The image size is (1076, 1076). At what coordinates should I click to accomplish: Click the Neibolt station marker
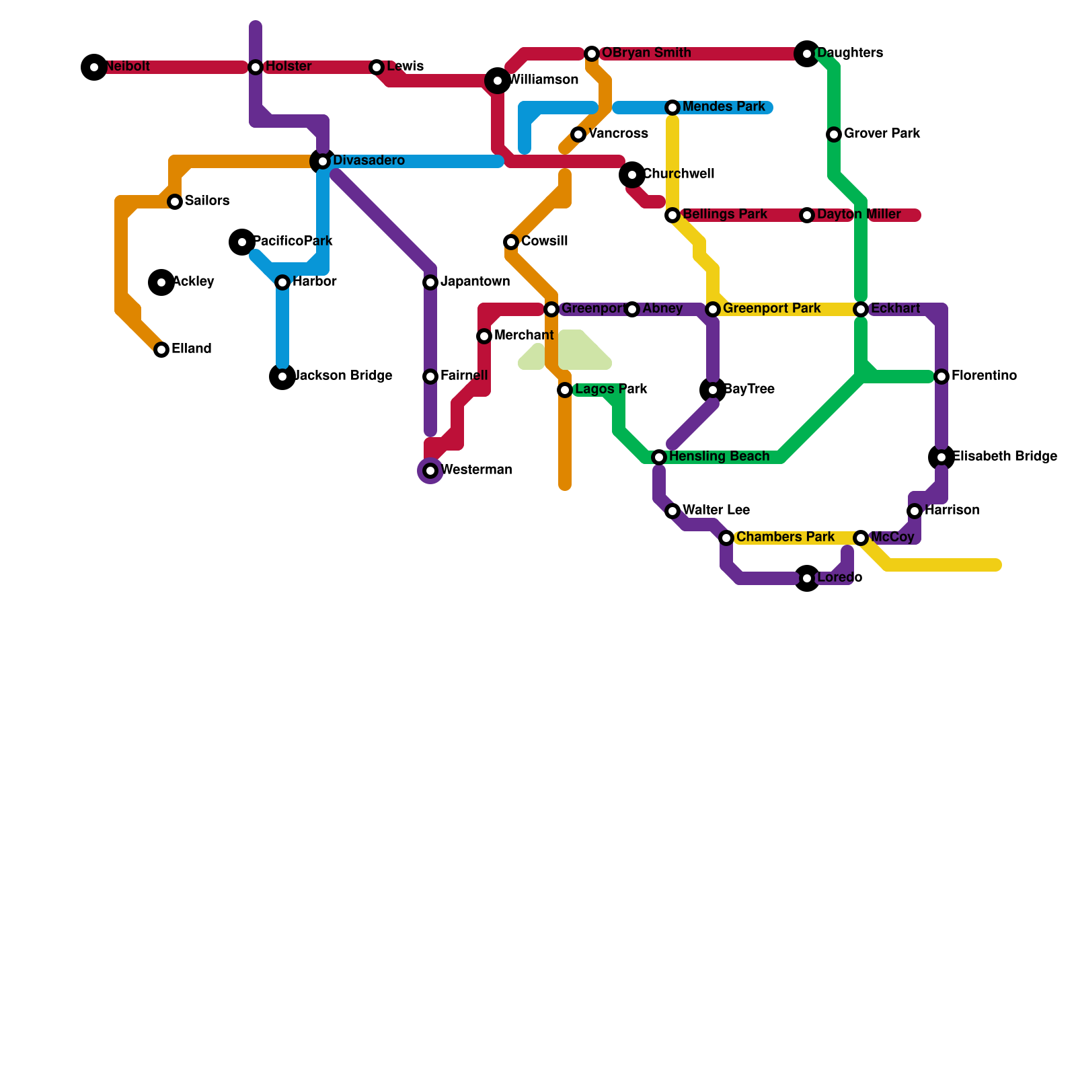[x=94, y=67]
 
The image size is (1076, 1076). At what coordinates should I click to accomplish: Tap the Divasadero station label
[x=369, y=161]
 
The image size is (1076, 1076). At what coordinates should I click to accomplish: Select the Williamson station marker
[x=498, y=81]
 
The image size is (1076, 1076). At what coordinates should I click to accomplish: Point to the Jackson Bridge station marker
[x=282, y=377]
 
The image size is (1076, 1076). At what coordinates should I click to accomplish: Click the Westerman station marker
[x=430, y=471]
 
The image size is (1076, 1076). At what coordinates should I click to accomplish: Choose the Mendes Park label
[x=724, y=107]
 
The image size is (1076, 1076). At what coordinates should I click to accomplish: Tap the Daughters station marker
[x=807, y=54]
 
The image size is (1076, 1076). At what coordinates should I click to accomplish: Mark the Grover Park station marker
[x=834, y=134]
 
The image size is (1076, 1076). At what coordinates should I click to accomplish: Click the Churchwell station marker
[x=632, y=175]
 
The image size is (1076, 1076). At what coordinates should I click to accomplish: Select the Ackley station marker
[x=161, y=282]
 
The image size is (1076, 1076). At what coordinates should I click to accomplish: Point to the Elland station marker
[x=161, y=350]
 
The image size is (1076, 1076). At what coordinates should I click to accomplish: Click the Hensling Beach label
[x=719, y=457]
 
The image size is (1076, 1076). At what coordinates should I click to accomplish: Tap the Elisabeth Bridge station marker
[x=941, y=457]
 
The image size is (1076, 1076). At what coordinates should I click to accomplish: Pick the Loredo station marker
[x=807, y=578]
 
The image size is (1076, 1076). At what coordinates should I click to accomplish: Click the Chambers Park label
[x=785, y=537]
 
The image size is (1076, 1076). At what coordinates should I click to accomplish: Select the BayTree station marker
[x=713, y=390]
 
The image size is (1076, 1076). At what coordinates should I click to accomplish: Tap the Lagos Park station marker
[x=565, y=390]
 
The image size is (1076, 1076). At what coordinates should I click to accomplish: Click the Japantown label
[x=475, y=282]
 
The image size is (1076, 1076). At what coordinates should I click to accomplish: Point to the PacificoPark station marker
[x=242, y=242]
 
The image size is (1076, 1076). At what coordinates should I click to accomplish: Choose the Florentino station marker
[x=941, y=377]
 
